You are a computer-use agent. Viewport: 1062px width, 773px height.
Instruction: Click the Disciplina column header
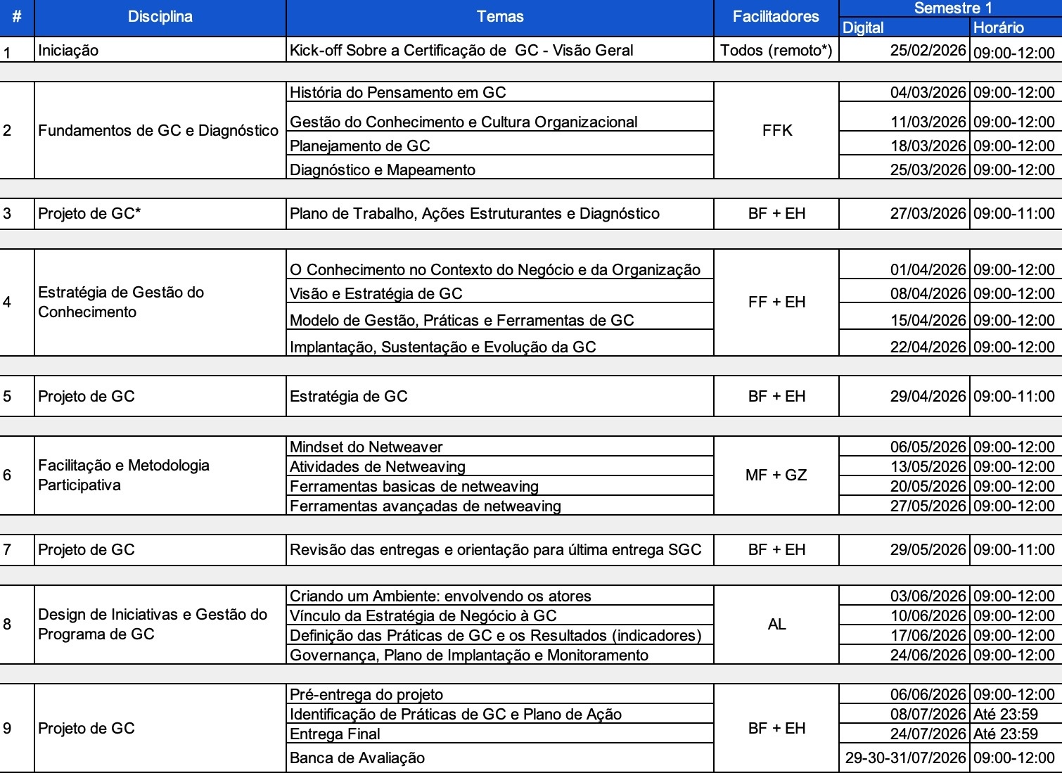[x=160, y=17]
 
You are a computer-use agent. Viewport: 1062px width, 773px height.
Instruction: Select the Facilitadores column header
[x=776, y=17]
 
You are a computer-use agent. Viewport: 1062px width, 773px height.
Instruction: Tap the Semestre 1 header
[x=953, y=8]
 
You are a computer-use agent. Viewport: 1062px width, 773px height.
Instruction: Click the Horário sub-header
[x=999, y=27]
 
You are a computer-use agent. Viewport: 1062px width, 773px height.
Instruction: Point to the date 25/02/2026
[x=928, y=51]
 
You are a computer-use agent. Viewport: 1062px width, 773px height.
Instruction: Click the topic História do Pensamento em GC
[x=397, y=93]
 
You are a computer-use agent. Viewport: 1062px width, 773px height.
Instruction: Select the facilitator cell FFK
[x=776, y=130]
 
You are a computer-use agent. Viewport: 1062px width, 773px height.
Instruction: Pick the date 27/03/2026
[x=928, y=214]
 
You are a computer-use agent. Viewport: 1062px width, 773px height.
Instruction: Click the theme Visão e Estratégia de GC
[x=376, y=294]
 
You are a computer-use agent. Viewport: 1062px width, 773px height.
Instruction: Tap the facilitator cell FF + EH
[x=776, y=302]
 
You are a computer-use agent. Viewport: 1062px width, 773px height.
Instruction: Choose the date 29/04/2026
[x=928, y=397]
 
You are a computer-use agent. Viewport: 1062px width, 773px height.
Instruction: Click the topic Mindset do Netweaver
[x=366, y=447]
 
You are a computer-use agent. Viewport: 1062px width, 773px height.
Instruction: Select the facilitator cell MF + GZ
[x=776, y=475]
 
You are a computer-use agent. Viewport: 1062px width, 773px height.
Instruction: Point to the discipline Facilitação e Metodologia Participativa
[x=124, y=475]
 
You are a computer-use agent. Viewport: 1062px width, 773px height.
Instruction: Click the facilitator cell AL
[x=776, y=625]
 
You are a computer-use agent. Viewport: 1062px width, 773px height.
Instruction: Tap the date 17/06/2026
[x=928, y=636]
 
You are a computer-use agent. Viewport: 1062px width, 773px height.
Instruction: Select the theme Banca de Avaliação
[x=357, y=758]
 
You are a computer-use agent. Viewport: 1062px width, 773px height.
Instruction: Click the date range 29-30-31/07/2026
[x=905, y=758]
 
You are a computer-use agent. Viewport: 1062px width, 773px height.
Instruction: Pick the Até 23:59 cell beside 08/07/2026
[x=1006, y=715]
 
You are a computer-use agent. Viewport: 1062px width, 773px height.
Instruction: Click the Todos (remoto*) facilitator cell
[x=776, y=51]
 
